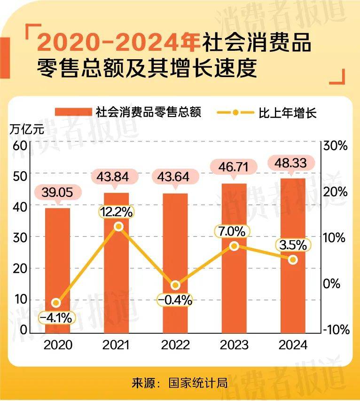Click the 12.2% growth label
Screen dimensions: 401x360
[x=116, y=212]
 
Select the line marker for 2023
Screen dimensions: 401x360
[x=235, y=246]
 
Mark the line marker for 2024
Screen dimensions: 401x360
[x=293, y=259]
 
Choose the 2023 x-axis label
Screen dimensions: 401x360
[x=234, y=345]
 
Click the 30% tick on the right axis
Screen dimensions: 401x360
[x=336, y=145]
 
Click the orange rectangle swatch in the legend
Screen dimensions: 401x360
[x=73, y=112]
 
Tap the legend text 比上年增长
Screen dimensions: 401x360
[x=288, y=113]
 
